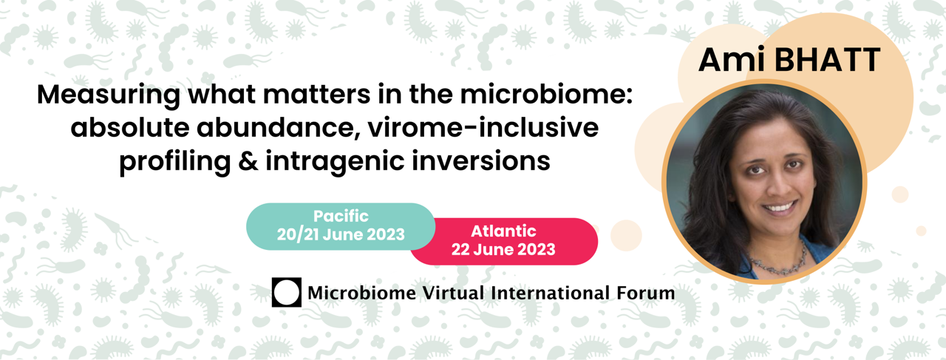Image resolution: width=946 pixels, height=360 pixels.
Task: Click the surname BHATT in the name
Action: pos(827,60)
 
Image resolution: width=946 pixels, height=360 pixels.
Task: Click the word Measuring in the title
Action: pos(109,96)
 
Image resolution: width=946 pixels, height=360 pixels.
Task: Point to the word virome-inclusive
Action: pos(483,127)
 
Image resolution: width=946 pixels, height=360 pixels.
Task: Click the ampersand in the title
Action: pos(248,160)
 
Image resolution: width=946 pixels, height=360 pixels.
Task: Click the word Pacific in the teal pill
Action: pos(341,217)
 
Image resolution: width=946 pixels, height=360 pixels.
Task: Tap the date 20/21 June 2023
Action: pos(341,234)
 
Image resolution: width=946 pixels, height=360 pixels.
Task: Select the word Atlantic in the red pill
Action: pos(503,231)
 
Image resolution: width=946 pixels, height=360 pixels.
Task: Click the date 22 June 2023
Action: pos(503,249)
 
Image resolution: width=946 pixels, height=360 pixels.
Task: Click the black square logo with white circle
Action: pos(286,292)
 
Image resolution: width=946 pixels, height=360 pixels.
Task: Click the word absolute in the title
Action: pos(129,127)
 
